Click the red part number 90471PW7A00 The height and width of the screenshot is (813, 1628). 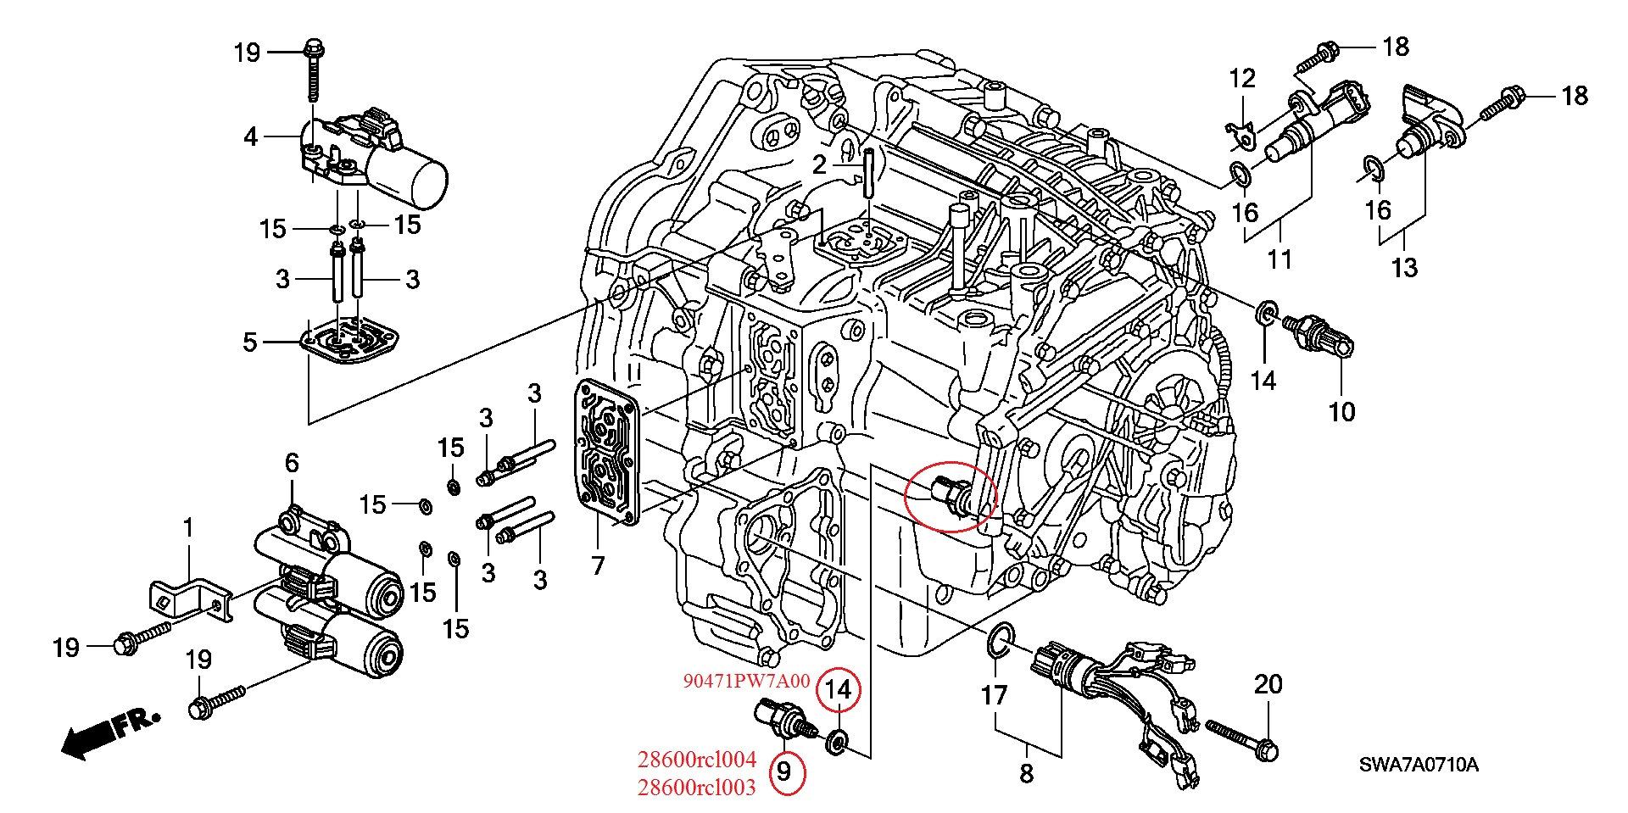pyautogui.click(x=747, y=681)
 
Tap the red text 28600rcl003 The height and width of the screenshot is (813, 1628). pyautogui.click(x=699, y=788)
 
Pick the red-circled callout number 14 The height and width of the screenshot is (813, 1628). pyautogui.click(x=838, y=690)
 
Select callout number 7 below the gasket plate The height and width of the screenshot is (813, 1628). pyautogui.click(x=598, y=564)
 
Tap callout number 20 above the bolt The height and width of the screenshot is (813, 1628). pyautogui.click(x=1268, y=684)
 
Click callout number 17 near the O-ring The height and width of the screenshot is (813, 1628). pyautogui.click(x=994, y=695)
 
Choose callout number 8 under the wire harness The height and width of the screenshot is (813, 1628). pyautogui.click(x=1026, y=773)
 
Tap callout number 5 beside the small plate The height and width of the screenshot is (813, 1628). pyautogui.click(x=249, y=342)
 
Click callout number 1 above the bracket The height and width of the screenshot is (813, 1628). pyautogui.click(x=188, y=529)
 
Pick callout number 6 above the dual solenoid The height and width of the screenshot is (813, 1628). pyautogui.click(x=292, y=463)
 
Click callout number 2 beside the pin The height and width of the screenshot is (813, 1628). pyautogui.click(x=818, y=164)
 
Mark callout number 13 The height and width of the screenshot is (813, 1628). pyautogui.click(x=1404, y=268)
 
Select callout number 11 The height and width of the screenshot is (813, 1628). pyautogui.click(x=1279, y=258)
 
